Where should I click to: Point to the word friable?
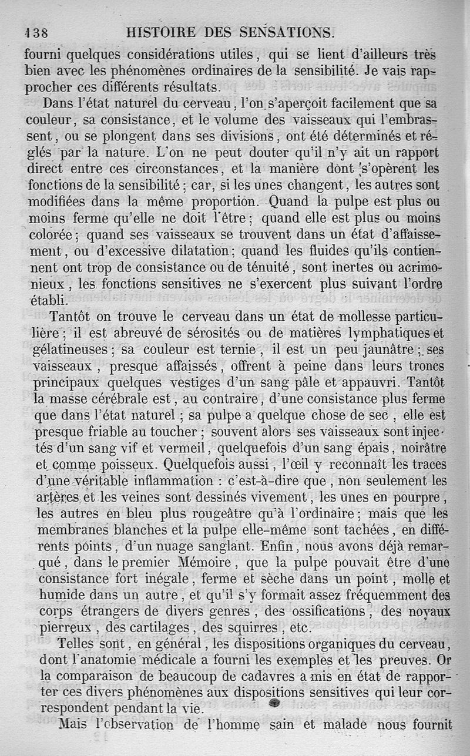[105, 431]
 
